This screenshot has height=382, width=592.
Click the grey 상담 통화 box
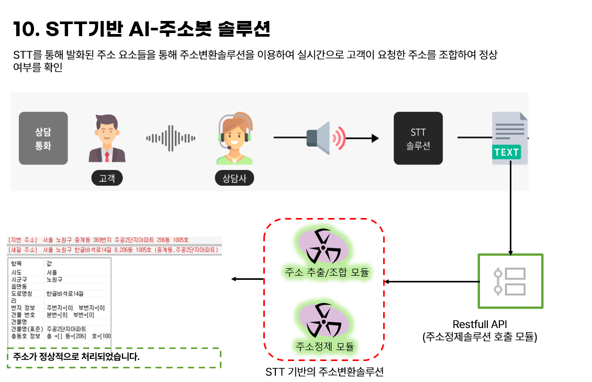(43, 138)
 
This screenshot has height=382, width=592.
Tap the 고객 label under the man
(107, 178)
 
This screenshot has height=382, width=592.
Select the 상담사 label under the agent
(234, 178)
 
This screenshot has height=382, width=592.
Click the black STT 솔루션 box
(418, 138)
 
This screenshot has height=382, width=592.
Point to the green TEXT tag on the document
(506, 152)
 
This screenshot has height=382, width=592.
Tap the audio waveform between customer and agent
(171, 138)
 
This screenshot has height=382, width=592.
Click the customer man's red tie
(107, 155)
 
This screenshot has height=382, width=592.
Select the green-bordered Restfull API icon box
(510, 281)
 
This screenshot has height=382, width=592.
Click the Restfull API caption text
(479, 324)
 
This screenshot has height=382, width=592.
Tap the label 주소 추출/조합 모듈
(327, 272)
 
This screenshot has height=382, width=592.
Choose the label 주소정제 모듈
(325, 346)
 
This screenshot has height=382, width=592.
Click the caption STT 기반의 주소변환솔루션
(325, 372)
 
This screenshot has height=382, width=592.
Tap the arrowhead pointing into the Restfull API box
(510, 250)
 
